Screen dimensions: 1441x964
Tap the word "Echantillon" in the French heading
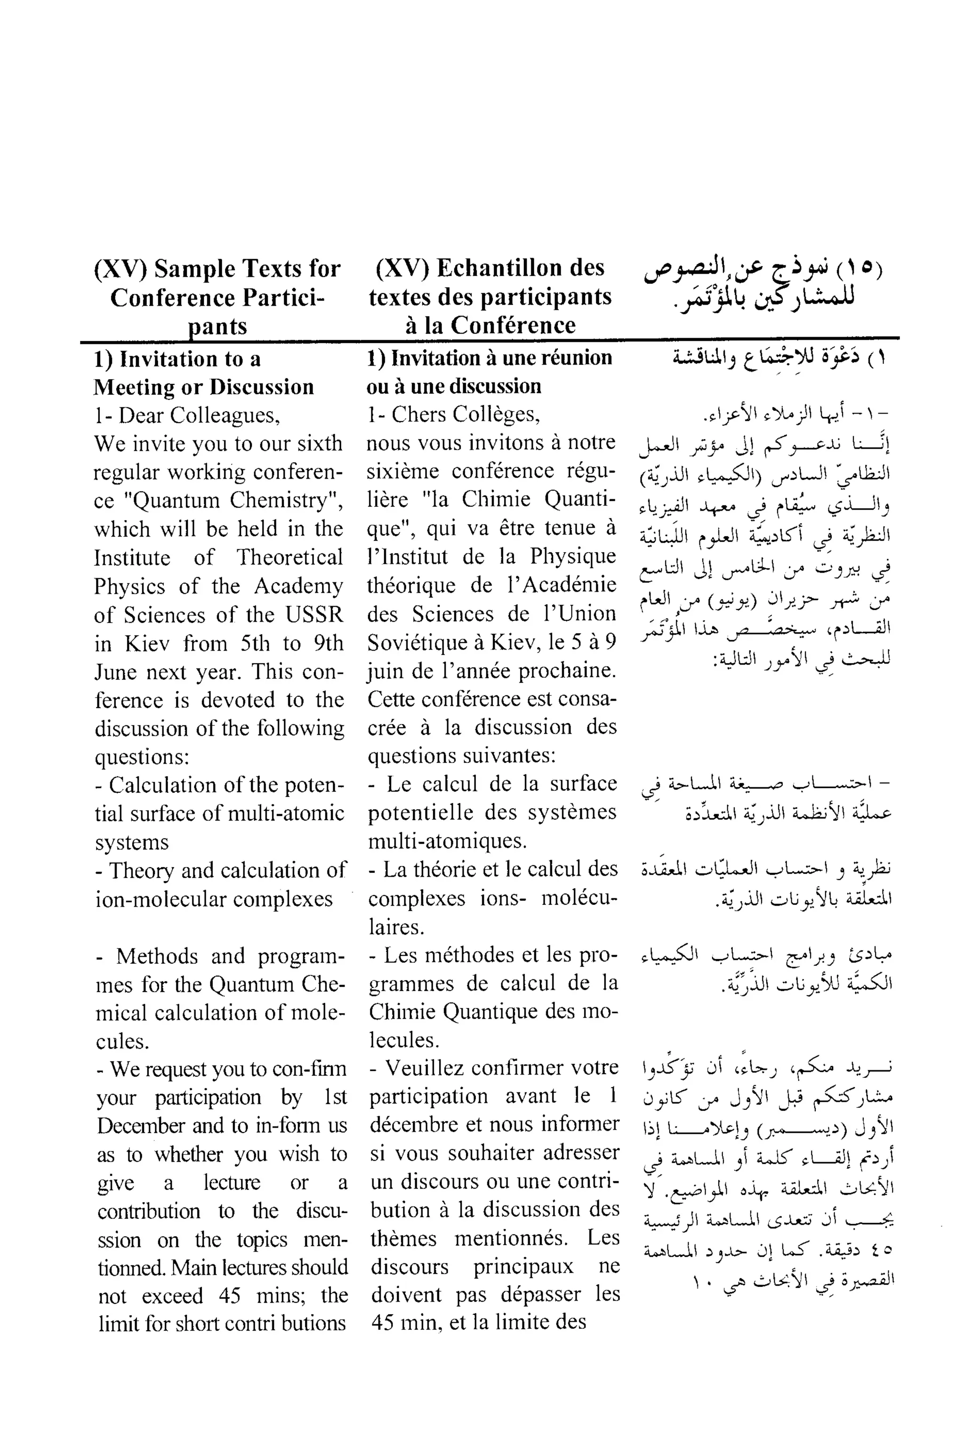489,268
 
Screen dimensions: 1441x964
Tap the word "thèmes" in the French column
404,1238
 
